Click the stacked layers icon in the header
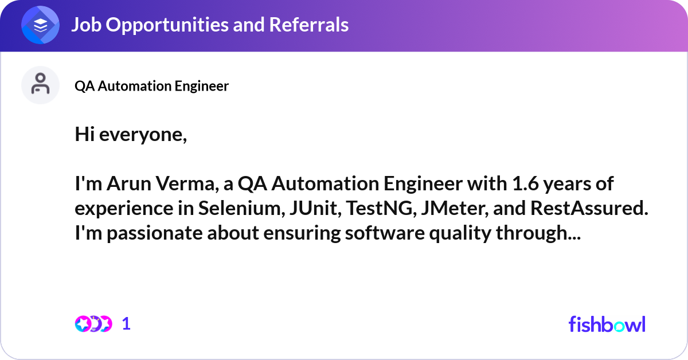pyautogui.click(x=40, y=25)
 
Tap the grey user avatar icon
pyautogui.click(x=40, y=85)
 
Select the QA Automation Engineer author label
pyautogui.click(x=151, y=86)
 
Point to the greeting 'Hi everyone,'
pyautogui.click(x=131, y=136)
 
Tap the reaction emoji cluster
pyautogui.click(x=93, y=324)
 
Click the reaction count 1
pyautogui.click(x=126, y=324)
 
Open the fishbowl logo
pyautogui.click(x=607, y=324)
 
